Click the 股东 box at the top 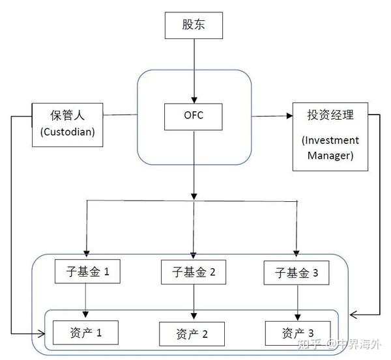193,25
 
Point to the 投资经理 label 330,115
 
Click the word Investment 330,141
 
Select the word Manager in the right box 330,156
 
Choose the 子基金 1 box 87,273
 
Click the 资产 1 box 86,333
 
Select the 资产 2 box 192,335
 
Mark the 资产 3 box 297,333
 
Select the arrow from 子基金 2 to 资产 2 194,303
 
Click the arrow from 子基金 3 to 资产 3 298,302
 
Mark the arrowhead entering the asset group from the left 44,335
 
